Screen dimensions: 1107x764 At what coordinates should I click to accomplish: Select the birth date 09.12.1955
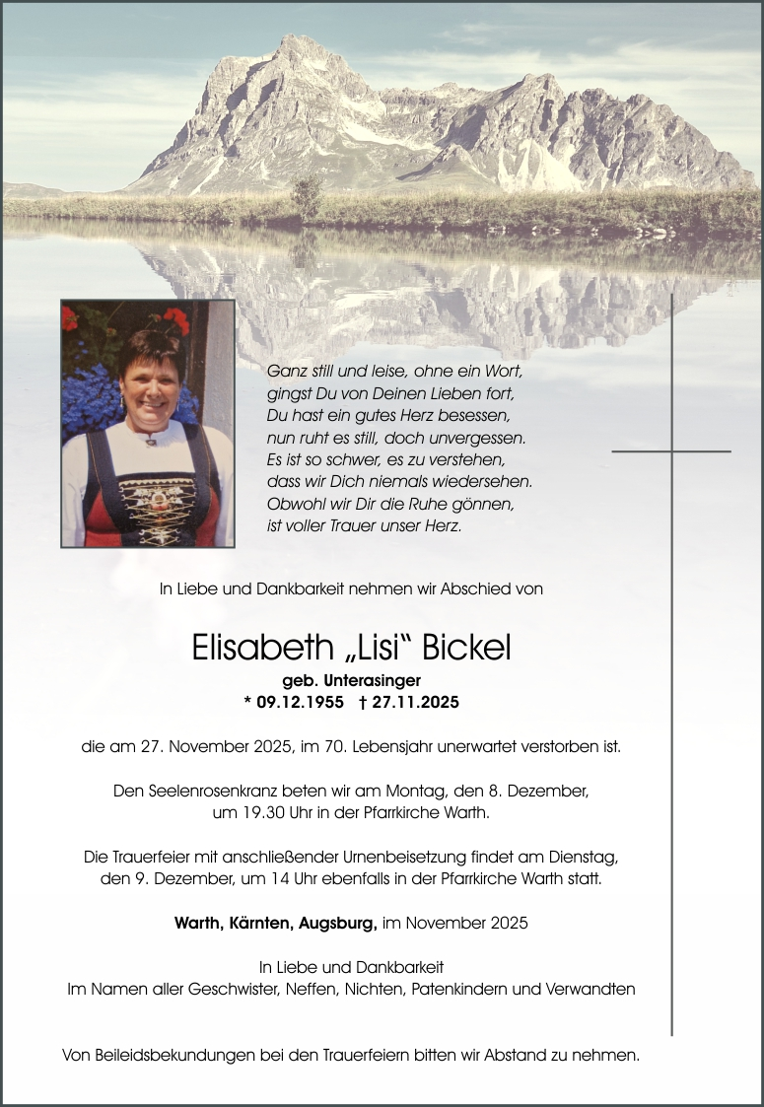click(300, 702)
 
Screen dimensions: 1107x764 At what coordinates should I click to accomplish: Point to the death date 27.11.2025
click(415, 702)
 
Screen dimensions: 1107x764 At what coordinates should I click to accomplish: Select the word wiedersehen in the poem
click(489, 481)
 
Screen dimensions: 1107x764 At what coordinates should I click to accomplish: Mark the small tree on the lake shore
click(307, 196)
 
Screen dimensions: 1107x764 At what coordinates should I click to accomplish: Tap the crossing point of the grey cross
click(672, 451)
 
